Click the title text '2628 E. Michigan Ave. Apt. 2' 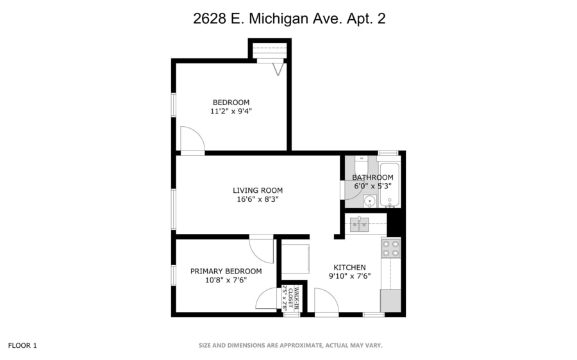pyautogui.click(x=289, y=19)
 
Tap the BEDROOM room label pyautogui.click(x=231, y=102)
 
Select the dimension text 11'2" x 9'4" pyautogui.click(x=231, y=111)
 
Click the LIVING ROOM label pyautogui.click(x=257, y=190)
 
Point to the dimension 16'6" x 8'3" pyautogui.click(x=257, y=199)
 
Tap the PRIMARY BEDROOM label pyautogui.click(x=226, y=271)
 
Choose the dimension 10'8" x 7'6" pyautogui.click(x=226, y=280)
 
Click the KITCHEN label pyautogui.click(x=349, y=268)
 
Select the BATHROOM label pyautogui.click(x=372, y=177)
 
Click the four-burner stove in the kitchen pyautogui.click(x=390, y=249)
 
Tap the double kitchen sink pyautogui.click(x=359, y=224)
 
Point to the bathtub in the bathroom pyautogui.click(x=389, y=186)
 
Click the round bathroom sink pyautogui.click(x=369, y=202)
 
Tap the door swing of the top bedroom pyautogui.click(x=190, y=140)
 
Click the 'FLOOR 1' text pyautogui.click(x=22, y=345)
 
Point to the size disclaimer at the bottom pyautogui.click(x=290, y=345)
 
